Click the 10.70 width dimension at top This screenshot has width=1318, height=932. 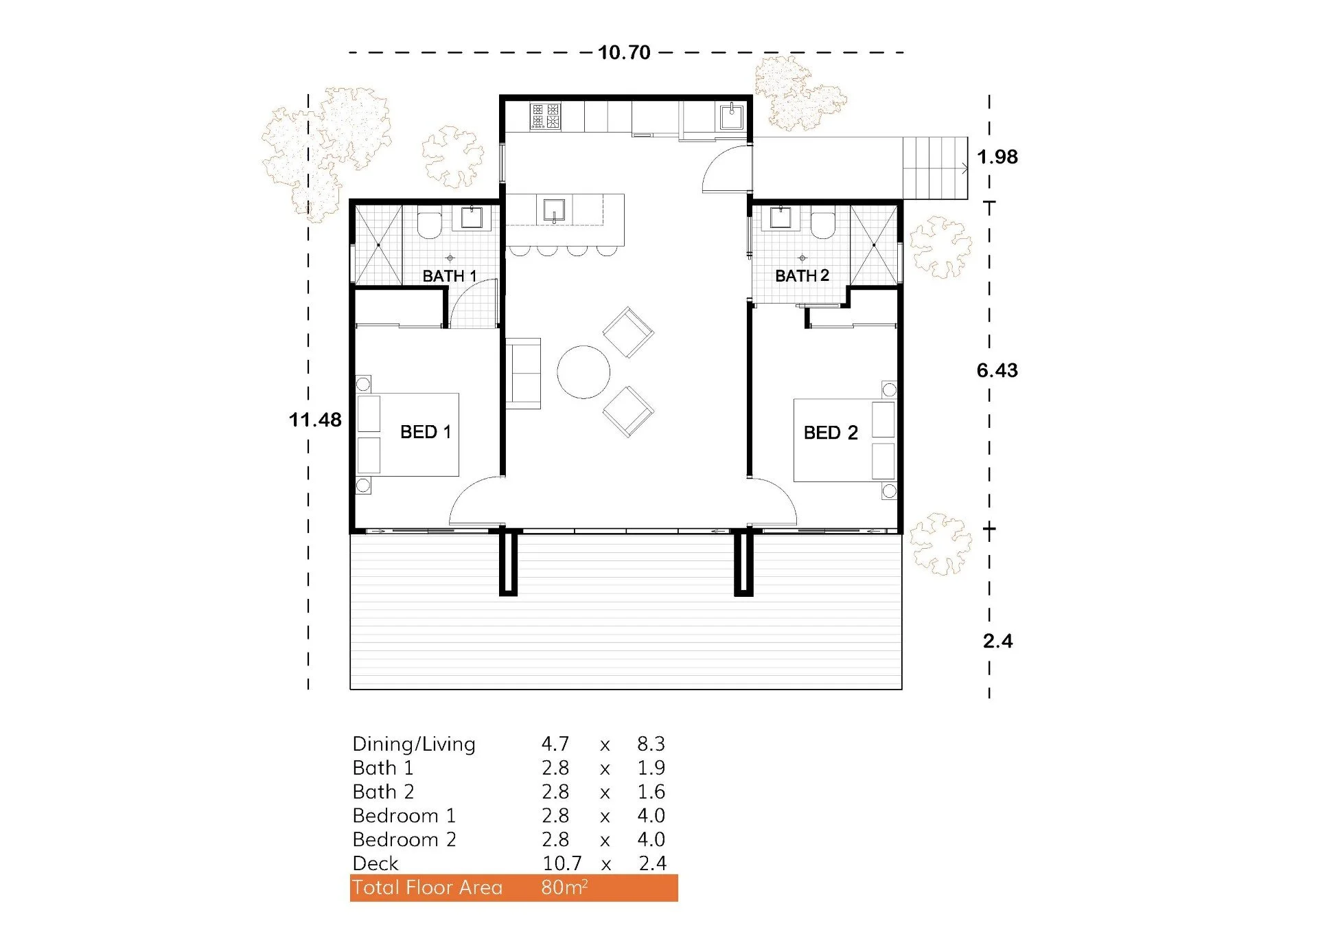pos(623,53)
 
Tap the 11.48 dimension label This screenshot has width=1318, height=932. pos(315,420)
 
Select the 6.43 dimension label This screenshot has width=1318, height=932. pos(997,371)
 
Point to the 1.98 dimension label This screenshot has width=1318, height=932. pos(997,157)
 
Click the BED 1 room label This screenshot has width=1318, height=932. pos(426,432)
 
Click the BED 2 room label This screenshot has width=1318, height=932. pos(831,433)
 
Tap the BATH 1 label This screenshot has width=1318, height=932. pos(449,276)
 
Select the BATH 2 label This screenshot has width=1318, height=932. pos(802,276)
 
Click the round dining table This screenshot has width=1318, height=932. pos(583,372)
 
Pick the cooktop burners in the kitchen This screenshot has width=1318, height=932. pos(546,116)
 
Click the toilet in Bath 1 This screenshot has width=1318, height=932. pos(430,225)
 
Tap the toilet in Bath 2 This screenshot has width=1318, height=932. pos(822,225)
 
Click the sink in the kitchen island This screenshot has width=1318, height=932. pos(554,210)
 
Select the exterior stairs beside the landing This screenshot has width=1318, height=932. pos(934,168)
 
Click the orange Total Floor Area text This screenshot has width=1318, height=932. pos(427,887)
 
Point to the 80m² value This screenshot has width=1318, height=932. pos(564,887)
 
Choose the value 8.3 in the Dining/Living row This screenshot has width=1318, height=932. pos(651,744)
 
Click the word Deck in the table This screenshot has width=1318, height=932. pos(375,863)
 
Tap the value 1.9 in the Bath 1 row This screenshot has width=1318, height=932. pos(651,768)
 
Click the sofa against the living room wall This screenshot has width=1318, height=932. pos(523,374)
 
